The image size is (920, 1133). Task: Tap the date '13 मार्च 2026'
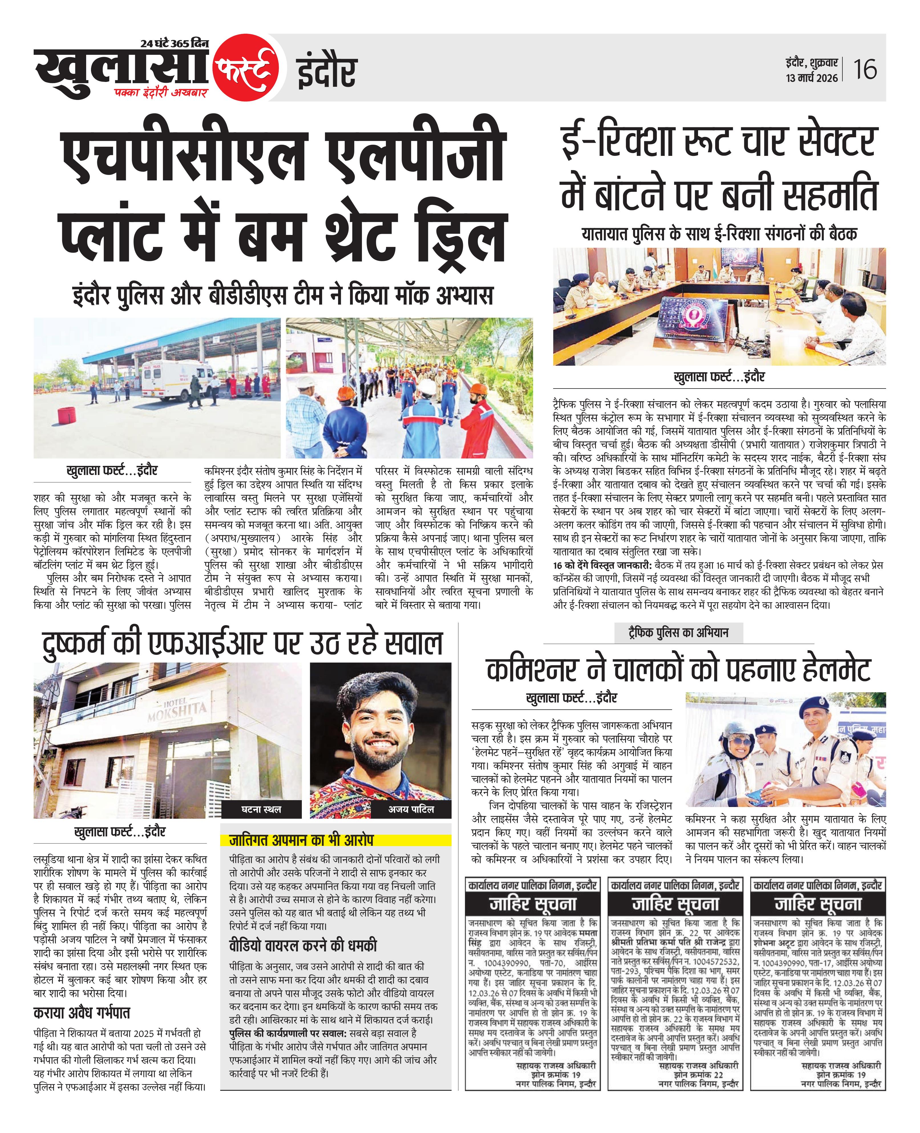pos(811,78)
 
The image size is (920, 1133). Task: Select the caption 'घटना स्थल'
pos(261,809)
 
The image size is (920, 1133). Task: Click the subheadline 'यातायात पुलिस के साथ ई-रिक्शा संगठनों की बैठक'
pos(719,234)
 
